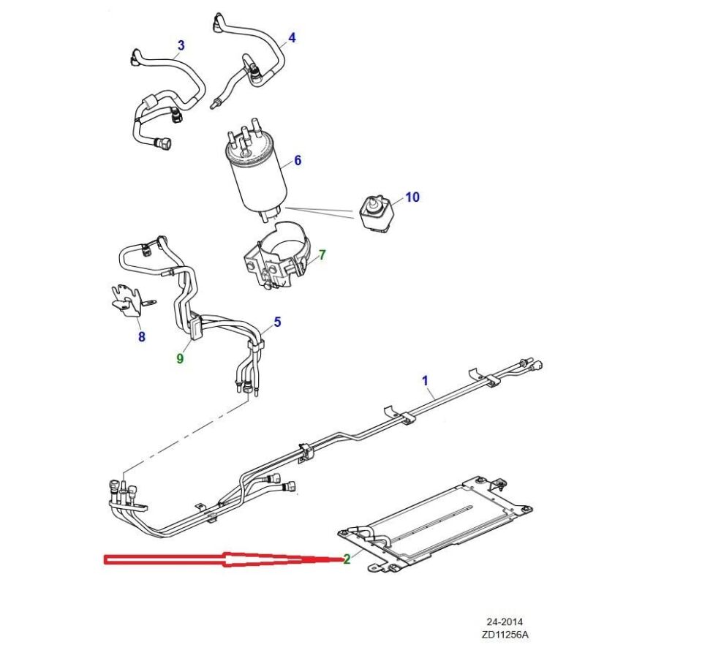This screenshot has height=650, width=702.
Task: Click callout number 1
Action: (425, 380)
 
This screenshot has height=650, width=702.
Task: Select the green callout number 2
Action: (347, 559)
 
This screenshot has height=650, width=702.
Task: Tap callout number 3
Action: (181, 45)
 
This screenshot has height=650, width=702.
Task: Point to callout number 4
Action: (292, 37)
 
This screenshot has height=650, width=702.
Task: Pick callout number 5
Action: (277, 322)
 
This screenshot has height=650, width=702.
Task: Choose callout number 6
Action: (298, 161)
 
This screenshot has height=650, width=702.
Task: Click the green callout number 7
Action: (322, 255)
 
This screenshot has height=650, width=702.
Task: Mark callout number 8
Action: (141, 336)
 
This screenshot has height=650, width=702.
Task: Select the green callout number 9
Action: (180, 358)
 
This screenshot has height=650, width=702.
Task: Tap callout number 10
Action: (412, 197)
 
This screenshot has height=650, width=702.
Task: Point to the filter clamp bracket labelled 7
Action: (278, 260)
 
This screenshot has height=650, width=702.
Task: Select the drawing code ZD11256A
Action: (504, 635)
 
